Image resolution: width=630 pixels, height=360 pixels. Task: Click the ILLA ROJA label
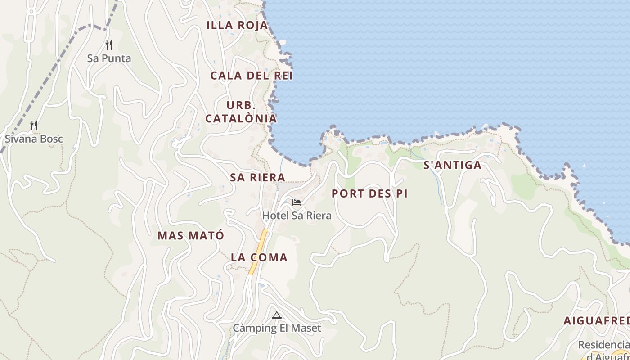click(237, 26)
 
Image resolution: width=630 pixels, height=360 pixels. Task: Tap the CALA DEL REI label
click(252, 76)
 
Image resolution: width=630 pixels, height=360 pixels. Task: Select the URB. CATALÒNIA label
click(241, 112)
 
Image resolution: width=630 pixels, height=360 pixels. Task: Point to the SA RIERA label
click(257, 177)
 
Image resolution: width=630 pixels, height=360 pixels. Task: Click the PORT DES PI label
click(369, 194)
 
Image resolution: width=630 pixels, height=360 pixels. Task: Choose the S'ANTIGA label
click(452, 166)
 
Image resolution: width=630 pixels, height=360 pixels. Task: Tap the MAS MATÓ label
click(190, 236)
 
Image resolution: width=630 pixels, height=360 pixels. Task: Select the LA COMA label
click(259, 258)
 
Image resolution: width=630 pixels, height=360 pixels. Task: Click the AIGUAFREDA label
click(597, 321)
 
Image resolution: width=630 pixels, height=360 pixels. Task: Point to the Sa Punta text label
click(109, 58)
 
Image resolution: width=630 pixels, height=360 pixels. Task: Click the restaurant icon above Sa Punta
click(108, 45)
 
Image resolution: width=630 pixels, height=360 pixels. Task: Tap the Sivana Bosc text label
click(34, 139)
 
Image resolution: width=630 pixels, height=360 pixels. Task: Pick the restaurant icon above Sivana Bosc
click(34, 126)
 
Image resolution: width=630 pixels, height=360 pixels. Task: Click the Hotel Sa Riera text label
click(297, 216)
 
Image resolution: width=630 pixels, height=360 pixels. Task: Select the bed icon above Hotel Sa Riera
click(297, 202)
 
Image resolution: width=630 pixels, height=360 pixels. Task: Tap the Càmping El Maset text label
click(277, 328)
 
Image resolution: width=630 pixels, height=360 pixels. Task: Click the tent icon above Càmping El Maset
click(277, 315)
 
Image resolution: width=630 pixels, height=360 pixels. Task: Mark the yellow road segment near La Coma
click(259, 252)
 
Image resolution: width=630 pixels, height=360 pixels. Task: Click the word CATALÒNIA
click(241, 119)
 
